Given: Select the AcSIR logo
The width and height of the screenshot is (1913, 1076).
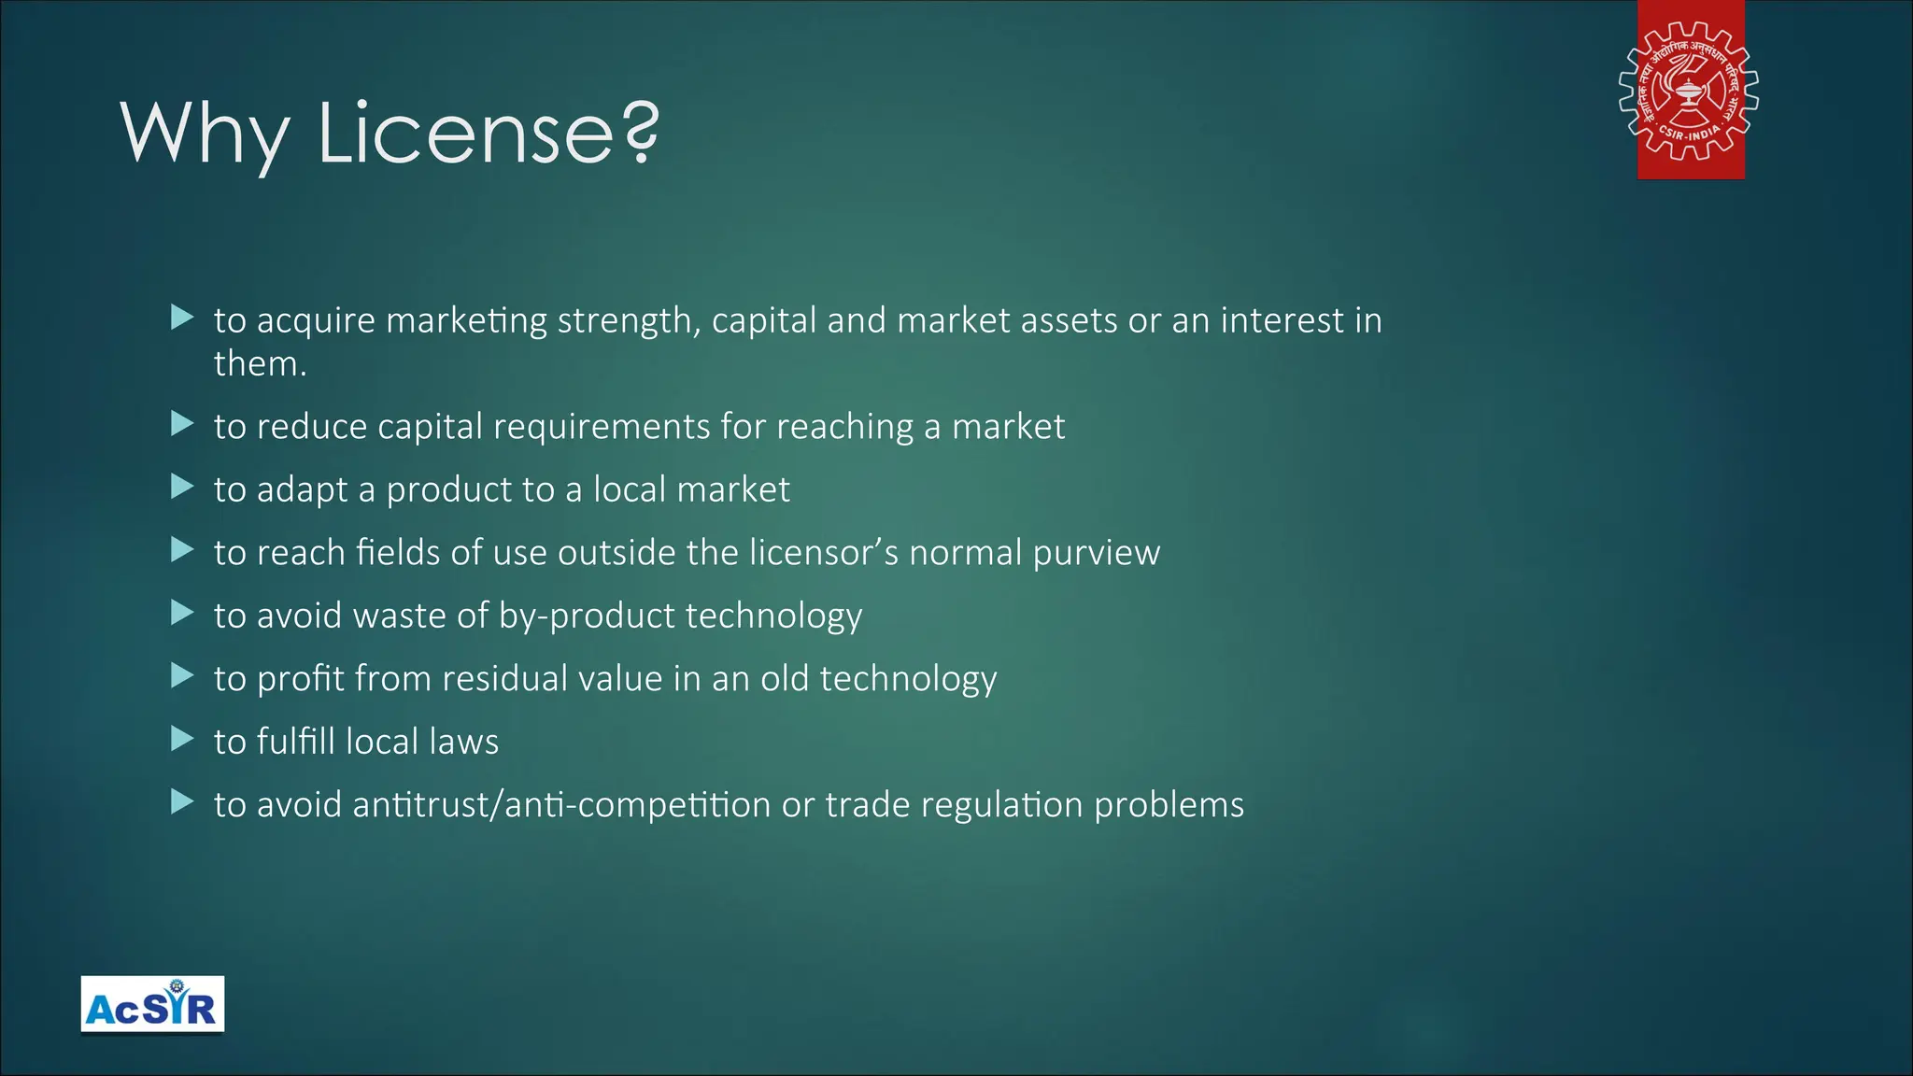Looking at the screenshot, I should coord(152,1004).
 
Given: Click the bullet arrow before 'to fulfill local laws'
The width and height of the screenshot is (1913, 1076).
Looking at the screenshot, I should coord(182,740).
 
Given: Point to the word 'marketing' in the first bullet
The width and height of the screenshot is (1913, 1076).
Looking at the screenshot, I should coord(466,320).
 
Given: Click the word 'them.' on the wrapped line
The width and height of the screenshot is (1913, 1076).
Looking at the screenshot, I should coord(260,363).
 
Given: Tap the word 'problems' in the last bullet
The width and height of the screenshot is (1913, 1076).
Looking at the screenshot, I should coord(1169,805).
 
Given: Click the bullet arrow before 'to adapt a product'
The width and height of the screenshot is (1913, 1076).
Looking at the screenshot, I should coord(182,487).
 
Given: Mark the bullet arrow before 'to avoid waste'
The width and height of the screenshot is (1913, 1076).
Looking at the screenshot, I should coord(182,613).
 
